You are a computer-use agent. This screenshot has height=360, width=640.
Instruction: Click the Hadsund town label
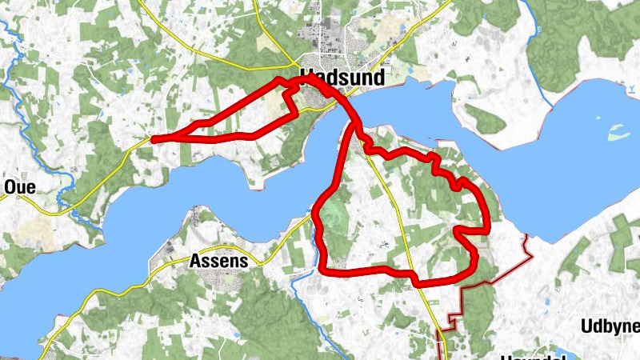(x=342, y=78)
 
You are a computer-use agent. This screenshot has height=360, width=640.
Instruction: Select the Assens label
(x=218, y=260)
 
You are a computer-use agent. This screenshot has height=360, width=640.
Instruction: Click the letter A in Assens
(x=195, y=260)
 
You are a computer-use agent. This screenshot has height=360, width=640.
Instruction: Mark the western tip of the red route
(x=153, y=139)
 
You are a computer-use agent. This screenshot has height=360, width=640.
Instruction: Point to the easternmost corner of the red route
(x=487, y=230)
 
